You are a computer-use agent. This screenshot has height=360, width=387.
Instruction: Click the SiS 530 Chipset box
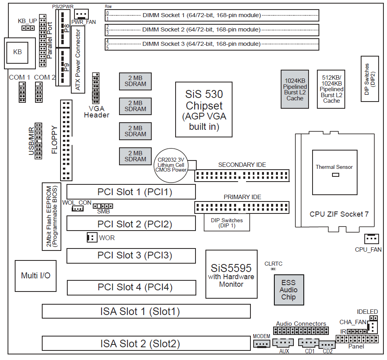204,110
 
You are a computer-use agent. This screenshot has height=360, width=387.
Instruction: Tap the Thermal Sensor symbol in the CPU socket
335,174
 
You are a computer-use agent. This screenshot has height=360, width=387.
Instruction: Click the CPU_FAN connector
371,239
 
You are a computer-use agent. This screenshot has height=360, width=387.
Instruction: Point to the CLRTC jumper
274,269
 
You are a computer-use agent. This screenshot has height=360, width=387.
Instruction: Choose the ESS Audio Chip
289,290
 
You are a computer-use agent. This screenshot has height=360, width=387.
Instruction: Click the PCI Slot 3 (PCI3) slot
131,256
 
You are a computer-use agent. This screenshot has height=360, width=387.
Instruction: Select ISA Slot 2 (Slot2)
146,344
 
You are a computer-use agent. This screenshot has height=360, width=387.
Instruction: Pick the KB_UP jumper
27,28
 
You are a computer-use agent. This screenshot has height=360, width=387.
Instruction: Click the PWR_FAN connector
81,14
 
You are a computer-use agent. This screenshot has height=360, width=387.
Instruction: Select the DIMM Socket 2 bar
212,30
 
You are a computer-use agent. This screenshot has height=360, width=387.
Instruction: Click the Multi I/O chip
35,276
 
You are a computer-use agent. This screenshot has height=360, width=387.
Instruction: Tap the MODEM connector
262,344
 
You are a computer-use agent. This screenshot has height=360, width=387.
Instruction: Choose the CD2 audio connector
328,345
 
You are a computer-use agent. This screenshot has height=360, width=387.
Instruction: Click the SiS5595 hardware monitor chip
231,274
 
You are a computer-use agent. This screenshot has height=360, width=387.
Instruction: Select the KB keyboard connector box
17,52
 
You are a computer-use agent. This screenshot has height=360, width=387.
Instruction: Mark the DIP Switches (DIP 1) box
227,223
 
